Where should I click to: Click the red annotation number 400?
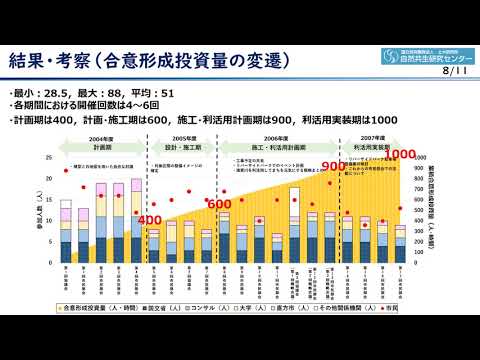click(150, 220)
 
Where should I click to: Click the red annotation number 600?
click(219, 204)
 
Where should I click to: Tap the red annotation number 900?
click(333, 166)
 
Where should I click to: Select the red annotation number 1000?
click(400, 155)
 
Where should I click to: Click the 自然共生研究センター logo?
click(427, 55)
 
